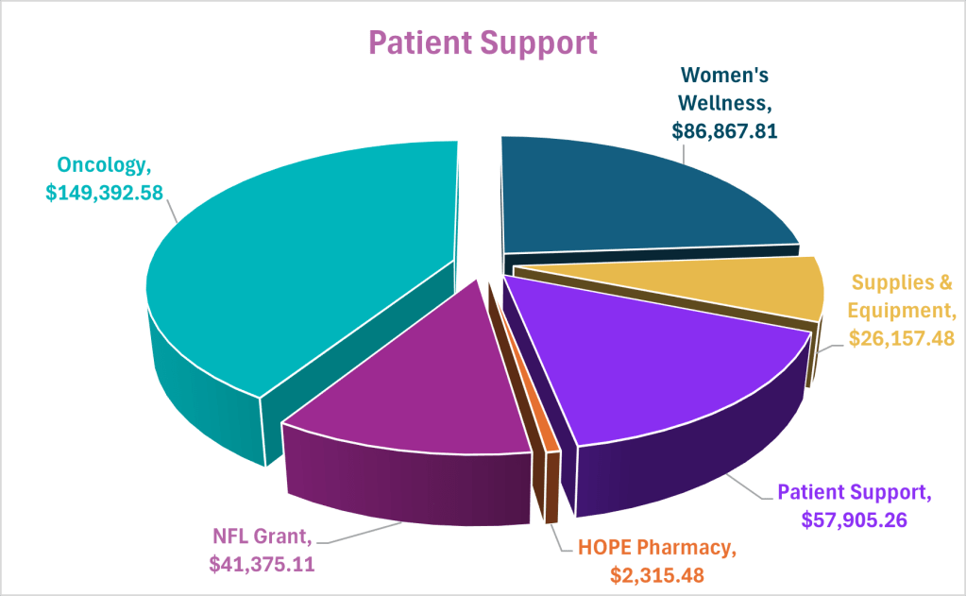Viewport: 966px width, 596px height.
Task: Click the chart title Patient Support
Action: (482, 43)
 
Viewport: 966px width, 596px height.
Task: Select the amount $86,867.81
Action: (724, 130)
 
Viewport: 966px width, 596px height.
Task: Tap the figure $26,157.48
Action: (903, 337)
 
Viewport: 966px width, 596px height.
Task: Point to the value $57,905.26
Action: (855, 519)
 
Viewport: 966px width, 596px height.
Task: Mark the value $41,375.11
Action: (262, 564)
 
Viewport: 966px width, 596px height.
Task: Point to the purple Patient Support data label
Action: (854, 492)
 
